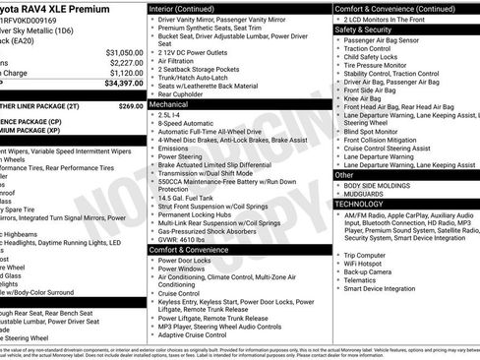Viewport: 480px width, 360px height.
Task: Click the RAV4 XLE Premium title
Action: coord(59,9)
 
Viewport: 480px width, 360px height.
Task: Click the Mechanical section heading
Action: coord(169,102)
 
